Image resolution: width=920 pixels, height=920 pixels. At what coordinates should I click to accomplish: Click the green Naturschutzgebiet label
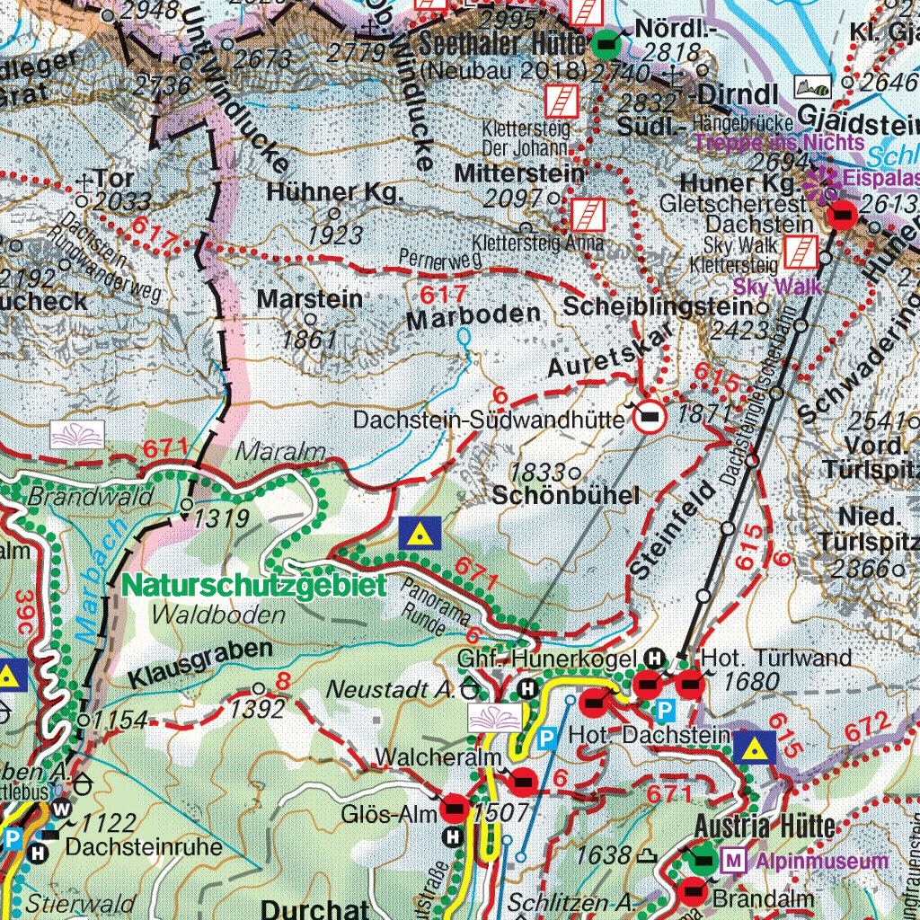[254, 585]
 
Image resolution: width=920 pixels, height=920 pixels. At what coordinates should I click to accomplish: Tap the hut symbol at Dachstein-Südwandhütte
[650, 416]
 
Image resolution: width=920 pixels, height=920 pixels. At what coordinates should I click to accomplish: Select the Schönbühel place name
[565, 495]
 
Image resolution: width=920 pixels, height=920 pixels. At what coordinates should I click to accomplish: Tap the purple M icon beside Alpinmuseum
[734, 862]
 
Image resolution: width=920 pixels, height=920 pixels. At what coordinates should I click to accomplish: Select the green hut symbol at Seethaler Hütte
[606, 41]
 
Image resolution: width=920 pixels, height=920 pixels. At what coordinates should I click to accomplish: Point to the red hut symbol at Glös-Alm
[456, 812]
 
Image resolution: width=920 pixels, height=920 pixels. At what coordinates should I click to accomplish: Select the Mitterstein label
[519, 172]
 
